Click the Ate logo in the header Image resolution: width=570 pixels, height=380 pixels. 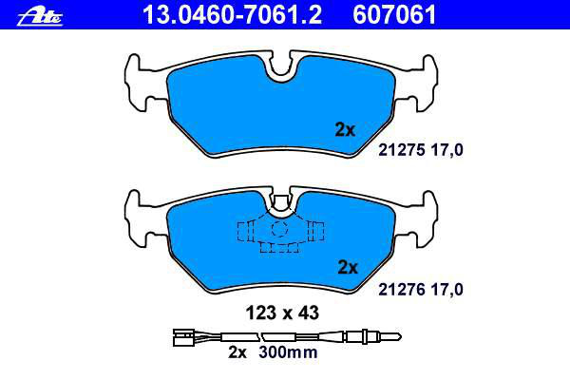(x=40, y=16)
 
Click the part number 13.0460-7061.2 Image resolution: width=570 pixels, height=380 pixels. (x=232, y=15)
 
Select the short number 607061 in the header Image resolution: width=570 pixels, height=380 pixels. (x=394, y=15)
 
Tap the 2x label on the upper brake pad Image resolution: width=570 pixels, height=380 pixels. (x=345, y=129)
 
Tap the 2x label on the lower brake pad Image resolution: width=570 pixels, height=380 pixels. (x=348, y=267)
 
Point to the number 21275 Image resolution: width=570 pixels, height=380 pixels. (x=401, y=150)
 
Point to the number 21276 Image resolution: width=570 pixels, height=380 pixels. (x=401, y=290)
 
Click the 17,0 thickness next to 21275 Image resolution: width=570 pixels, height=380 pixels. (x=446, y=150)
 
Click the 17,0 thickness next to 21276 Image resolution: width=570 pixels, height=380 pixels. (x=446, y=290)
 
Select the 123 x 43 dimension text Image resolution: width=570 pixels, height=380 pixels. (x=282, y=313)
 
